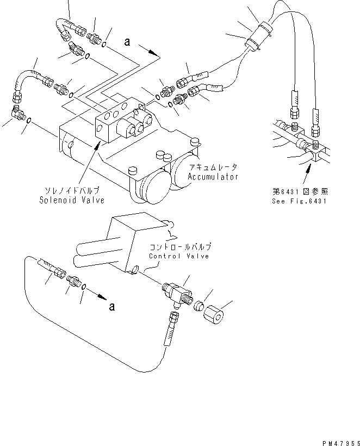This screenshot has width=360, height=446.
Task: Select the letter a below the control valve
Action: click(111, 307)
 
